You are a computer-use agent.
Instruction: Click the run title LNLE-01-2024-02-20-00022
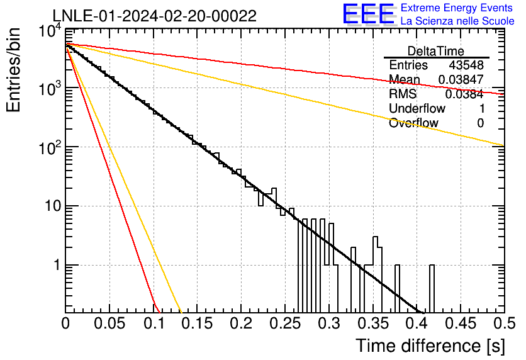click(x=155, y=16)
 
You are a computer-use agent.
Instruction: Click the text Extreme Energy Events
click(x=457, y=8)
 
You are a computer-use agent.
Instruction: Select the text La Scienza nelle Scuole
click(x=457, y=21)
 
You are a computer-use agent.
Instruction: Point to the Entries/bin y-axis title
click(x=13, y=70)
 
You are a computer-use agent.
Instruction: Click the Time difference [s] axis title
click(x=430, y=346)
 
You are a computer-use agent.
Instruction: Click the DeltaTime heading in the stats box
click(x=436, y=51)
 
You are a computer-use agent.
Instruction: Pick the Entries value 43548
click(x=466, y=65)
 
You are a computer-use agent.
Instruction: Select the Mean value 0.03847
click(x=461, y=79)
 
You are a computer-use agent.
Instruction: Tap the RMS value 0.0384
click(x=464, y=94)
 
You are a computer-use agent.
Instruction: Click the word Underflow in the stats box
click(x=417, y=108)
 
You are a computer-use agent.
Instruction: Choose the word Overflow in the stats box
click(x=413, y=123)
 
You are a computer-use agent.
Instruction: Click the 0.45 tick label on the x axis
click(x=461, y=323)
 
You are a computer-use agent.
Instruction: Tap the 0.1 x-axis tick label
click(x=154, y=323)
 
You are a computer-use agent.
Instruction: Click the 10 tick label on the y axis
click(x=53, y=206)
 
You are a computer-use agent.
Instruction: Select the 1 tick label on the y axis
click(x=57, y=265)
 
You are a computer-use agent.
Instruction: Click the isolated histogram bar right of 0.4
click(x=432, y=288)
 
